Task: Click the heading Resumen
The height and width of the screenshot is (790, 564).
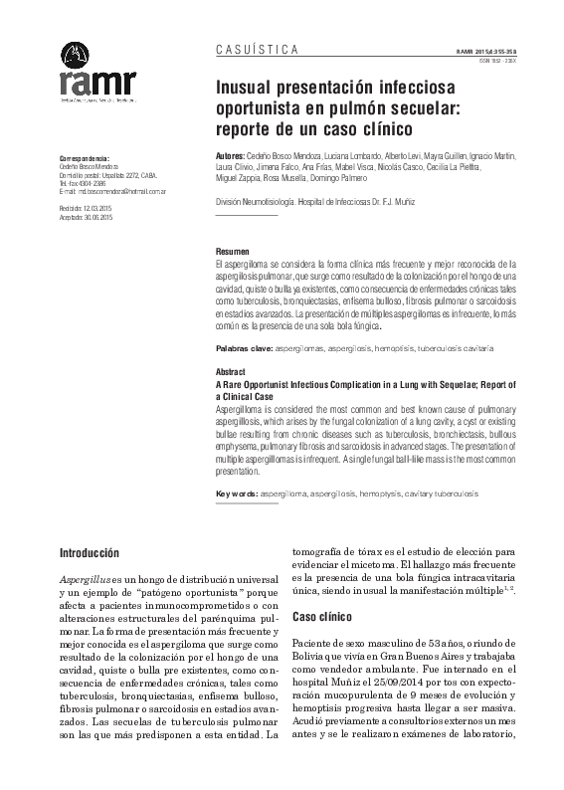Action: tap(235, 252)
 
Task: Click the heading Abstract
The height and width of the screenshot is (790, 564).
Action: tap(231, 370)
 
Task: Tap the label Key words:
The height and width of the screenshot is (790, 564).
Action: tap(238, 494)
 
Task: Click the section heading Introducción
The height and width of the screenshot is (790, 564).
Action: tap(90, 551)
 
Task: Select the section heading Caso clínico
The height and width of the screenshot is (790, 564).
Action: tap(323, 617)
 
